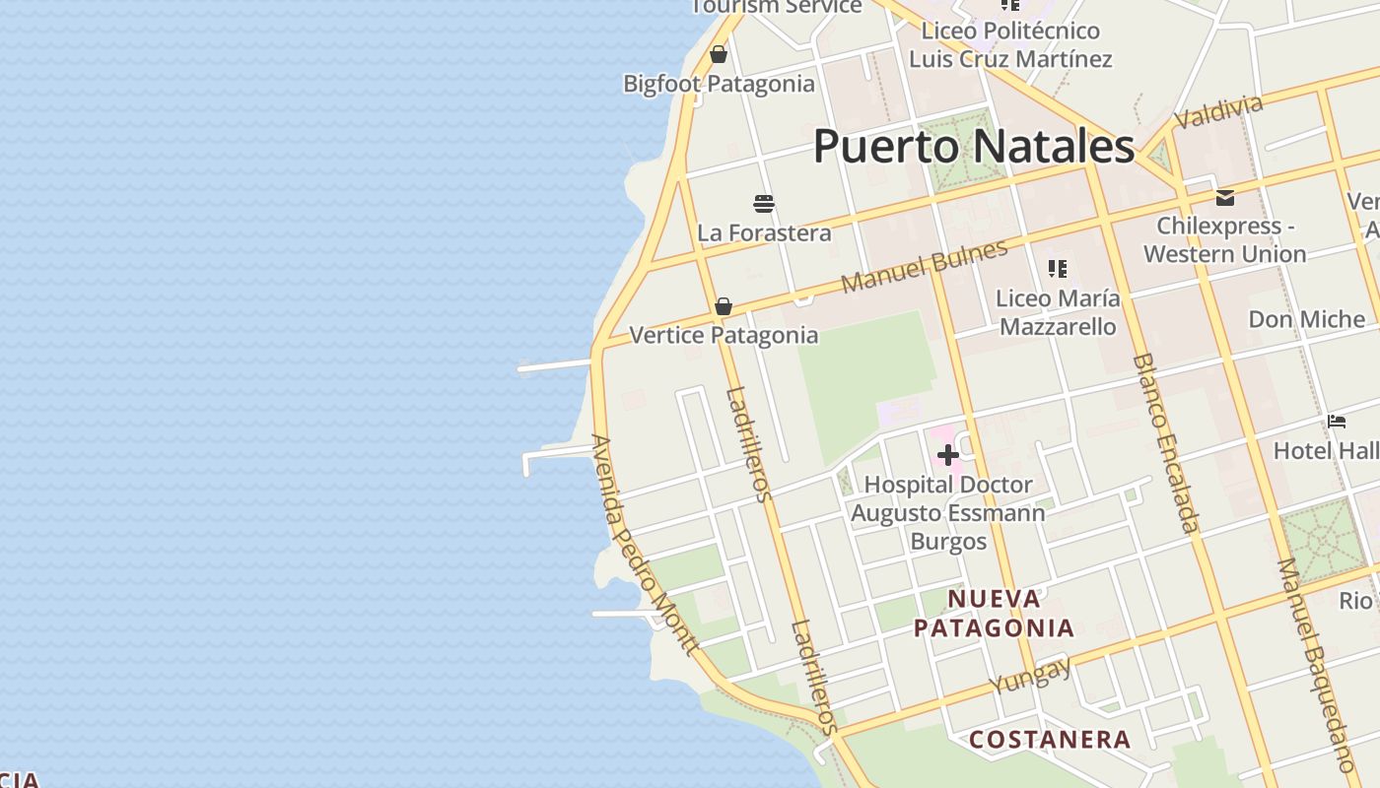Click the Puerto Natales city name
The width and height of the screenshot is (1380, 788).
click(x=974, y=146)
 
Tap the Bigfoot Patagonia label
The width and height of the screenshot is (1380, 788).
click(x=719, y=84)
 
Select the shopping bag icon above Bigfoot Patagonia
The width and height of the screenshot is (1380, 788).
click(x=719, y=54)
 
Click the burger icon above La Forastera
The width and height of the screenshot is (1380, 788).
click(x=764, y=204)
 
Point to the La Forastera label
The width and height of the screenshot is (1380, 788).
click(x=764, y=233)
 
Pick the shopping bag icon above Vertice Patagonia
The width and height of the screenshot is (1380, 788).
click(x=724, y=306)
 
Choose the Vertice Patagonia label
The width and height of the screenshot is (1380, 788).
click(x=724, y=335)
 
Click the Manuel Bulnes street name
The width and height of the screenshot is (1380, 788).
click(x=925, y=265)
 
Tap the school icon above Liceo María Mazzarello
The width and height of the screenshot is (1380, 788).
click(x=1058, y=268)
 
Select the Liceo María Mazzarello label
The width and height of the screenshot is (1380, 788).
click(x=1058, y=312)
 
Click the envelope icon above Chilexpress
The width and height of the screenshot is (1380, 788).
click(x=1225, y=198)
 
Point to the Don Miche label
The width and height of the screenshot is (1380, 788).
click(x=1306, y=319)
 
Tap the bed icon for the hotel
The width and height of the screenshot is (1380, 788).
click(x=1337, y=422)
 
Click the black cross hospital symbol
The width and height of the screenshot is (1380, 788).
click(x=947, y=455)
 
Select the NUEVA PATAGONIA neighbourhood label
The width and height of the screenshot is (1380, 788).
click(x=994, y=613)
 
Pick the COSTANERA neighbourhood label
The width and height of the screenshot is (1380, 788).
click(x=1050, y=739)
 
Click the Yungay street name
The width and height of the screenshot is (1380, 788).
click(x=1030, y=676)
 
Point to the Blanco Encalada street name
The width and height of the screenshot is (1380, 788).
click(x=1166, y=443)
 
